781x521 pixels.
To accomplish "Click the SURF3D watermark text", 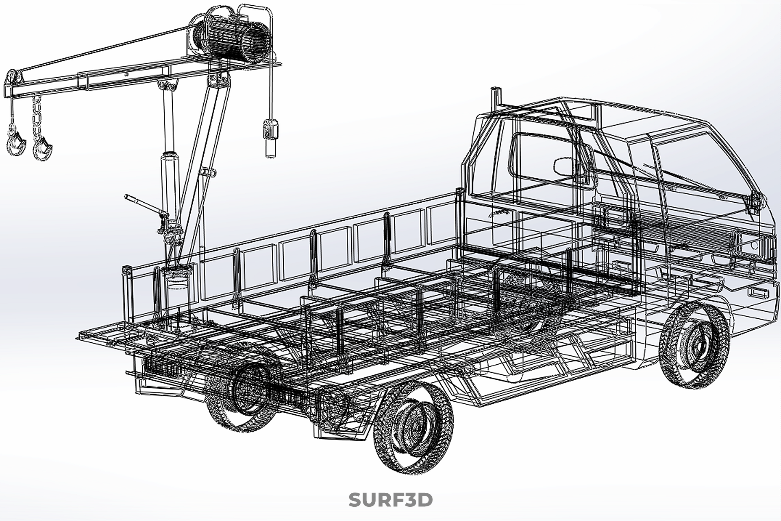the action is click(x=390, y=500).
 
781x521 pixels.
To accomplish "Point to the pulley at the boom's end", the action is click(x=12, y=78).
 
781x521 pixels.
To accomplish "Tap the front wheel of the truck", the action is click(x=694, y=345).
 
